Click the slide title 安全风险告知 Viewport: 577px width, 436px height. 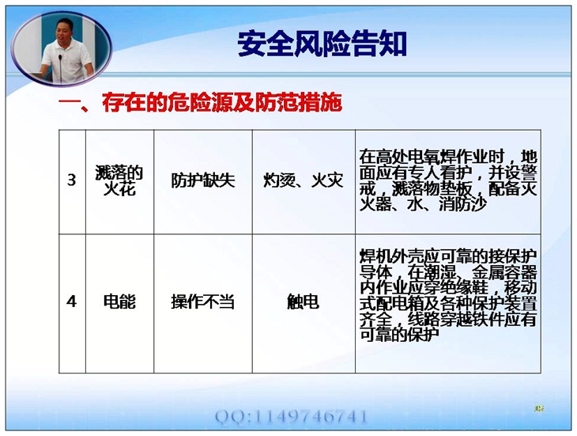pos(322,44)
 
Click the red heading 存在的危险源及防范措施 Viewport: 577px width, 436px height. pos(222,102)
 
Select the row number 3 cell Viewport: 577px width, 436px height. pos(72,182)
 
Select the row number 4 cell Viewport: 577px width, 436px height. pos(72,303)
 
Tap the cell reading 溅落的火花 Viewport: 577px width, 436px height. pos(119,182)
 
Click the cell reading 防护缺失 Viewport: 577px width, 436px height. pos(203,182)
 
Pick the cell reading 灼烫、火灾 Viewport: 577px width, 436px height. pos(304,182)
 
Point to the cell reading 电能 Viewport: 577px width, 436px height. pos(119,303)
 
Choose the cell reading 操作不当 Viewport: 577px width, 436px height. pos(203,303)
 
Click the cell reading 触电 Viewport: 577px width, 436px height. pos(304,303)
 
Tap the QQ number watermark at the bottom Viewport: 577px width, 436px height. pos(291,417)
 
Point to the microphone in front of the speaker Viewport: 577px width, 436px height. pos(60,68)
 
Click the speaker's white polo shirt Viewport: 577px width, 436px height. pos(67,60)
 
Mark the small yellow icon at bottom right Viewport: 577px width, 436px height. pos(540,408)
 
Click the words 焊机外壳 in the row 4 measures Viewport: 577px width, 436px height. pos(391,256)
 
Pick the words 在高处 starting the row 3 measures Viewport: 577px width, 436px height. pos(383,157)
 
